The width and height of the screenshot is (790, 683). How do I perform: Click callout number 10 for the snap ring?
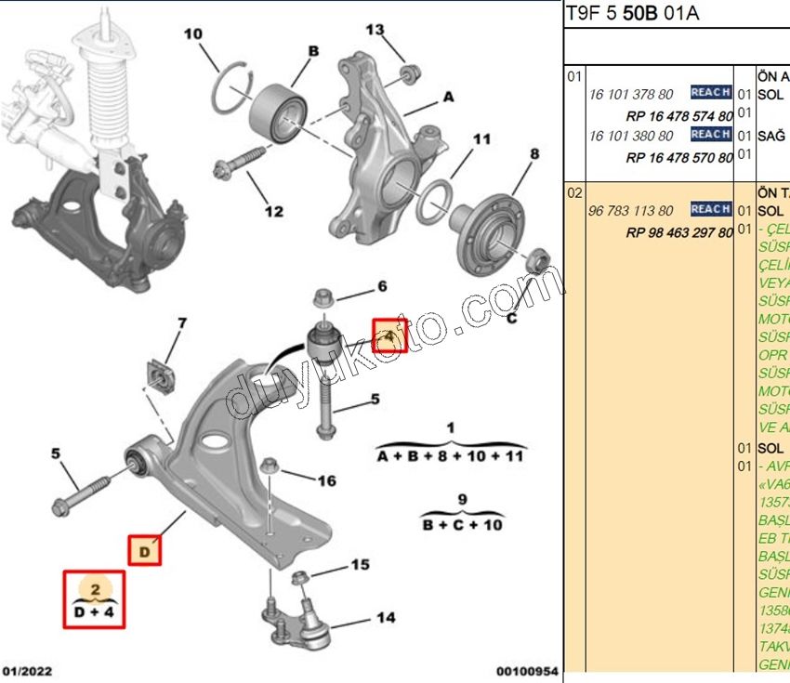[x=192, y=35]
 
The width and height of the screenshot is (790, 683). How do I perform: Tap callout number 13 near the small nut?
[x=374, y=30]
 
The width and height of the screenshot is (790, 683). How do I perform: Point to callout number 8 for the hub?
[x=534, y=153]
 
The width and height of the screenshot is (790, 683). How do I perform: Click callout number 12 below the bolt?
[x=273, y=211]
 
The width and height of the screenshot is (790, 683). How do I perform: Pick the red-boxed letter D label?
[x=144, y=550]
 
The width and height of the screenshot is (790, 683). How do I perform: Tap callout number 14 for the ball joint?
[x=385, y=617]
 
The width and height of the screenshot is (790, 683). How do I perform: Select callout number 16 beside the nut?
[x=326, y=480]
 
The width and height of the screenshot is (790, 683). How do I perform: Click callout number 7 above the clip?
[x=182, y=323]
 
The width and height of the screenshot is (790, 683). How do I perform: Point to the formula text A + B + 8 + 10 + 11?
[x=450, y=456]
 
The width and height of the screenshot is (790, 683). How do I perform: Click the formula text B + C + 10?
[x=463, y=525]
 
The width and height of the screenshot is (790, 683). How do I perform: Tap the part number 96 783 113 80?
[x=631, y=211]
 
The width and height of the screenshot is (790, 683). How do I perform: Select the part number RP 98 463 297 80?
[x=679, y=232]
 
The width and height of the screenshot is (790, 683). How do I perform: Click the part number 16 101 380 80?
[x=631, y=136]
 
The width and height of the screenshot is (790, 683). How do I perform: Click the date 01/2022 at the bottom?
[x=28, y=670]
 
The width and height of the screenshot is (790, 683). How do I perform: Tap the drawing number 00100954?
[x=527, y=670]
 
